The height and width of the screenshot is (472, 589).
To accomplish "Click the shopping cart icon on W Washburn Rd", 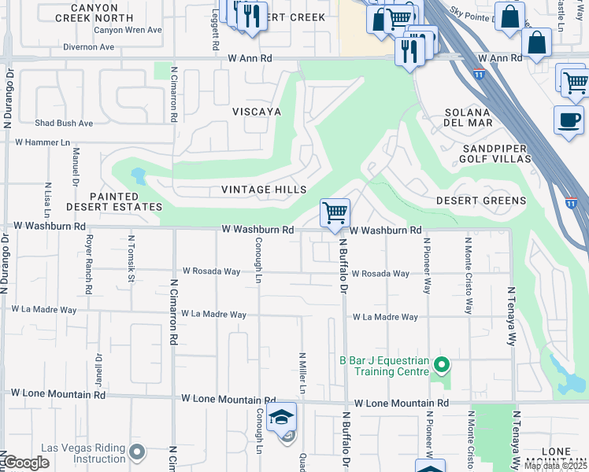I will (x=335, y=212).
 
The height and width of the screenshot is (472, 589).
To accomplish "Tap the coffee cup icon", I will (x=569, y=120).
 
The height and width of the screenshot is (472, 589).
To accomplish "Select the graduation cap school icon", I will (x=280, y=417).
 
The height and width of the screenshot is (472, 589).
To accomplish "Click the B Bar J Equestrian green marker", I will (x=442, y=364).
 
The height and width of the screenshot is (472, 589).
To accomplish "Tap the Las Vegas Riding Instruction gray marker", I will (x=138, y=452).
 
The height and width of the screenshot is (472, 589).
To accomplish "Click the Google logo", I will (x=25, y=463).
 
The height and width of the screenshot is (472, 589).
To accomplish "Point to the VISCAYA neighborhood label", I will (x=257, y=112).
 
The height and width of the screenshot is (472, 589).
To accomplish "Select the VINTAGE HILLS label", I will (x=264, y=190).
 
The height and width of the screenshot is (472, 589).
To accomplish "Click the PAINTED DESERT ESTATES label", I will (x=114, y=201).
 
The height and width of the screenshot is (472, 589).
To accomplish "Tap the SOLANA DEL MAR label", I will (x=469, y=117).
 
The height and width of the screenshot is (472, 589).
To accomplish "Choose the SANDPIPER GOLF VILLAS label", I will (x=497, y=153).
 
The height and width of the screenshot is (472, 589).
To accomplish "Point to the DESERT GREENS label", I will (x=481, y=201).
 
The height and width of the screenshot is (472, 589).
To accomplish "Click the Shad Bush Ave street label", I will (x=64, y=124).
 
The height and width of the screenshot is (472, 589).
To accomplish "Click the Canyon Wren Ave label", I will (x=128, y=30).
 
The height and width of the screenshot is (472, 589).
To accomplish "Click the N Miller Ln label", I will (x=302, y=374).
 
